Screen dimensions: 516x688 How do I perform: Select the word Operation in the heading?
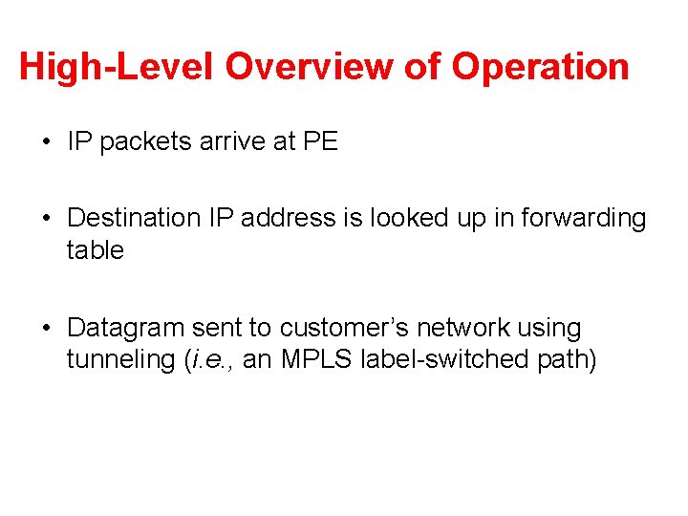(540, 67)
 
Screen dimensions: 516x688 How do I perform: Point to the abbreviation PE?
(320, 141)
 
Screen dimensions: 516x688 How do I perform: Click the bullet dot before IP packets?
(47, 142)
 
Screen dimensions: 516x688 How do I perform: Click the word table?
(96, 250)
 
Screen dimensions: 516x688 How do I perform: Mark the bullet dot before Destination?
(47, 219)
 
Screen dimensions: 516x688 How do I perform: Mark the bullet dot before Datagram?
(47, 329)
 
